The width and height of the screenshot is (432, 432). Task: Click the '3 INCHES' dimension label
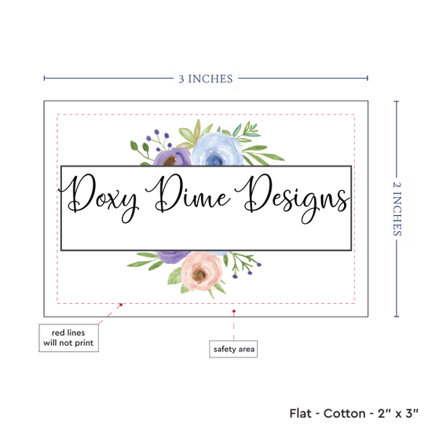point(206,79)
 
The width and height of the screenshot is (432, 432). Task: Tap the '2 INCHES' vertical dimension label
point(397,209)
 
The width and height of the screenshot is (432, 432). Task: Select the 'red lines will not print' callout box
point(68,338)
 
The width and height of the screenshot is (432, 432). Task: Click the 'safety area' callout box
point(233,349)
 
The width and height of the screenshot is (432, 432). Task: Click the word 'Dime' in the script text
point(189,194)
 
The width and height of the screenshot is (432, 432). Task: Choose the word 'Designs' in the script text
point(292,199)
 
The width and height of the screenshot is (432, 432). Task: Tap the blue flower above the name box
point(217,149)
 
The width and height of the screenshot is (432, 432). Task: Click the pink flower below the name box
point(201,272)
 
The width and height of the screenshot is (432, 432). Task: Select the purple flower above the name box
point(171,157)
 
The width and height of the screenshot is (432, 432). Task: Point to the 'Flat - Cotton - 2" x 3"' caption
point(353,413)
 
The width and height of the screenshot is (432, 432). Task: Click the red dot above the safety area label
point(233,311)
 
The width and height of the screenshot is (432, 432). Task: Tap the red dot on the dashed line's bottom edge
point(121,305)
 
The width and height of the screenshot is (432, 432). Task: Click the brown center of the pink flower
point(199,274)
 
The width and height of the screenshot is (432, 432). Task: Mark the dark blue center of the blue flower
point(214,159)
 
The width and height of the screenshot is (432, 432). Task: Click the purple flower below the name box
point(173,256)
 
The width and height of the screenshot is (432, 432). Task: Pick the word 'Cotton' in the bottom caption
point(344,413)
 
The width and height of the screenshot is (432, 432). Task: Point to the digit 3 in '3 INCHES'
point(181,79)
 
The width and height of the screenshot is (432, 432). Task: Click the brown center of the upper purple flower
point(170,160)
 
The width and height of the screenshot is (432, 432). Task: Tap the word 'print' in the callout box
point(84,343)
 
